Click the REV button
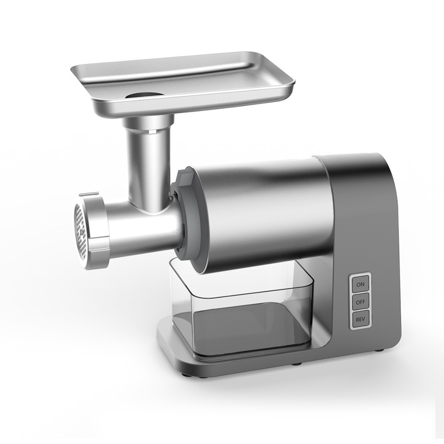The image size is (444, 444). click(360, 320)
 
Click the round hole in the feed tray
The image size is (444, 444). click(143, 95)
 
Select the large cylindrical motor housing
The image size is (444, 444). click(262, 213)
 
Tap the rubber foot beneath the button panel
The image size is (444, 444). click(378, 350)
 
